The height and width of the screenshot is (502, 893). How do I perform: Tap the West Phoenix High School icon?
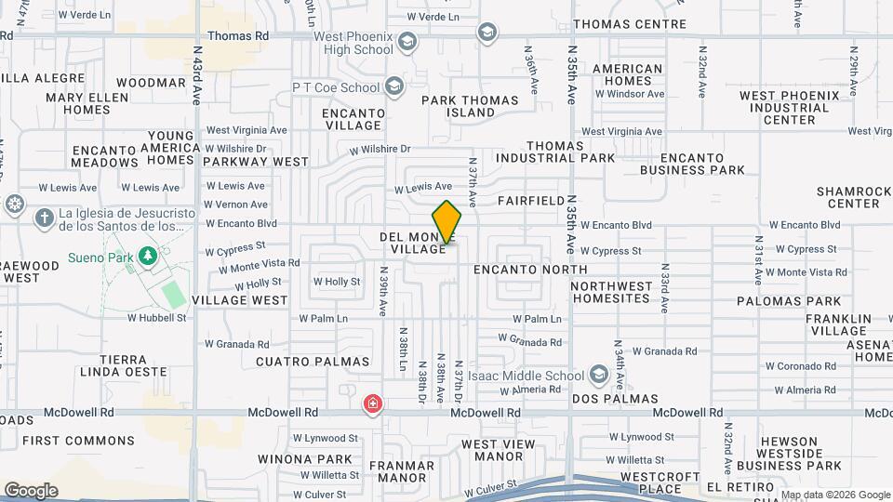click(x=407, y=42)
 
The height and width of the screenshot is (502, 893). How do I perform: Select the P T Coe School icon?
click(x=393, y=87)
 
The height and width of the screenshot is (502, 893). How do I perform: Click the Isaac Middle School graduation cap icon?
click(x=599, y=376)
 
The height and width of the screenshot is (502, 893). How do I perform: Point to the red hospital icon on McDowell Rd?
click(x=373, y=404)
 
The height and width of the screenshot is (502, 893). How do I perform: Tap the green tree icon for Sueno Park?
click(x=146, y=255)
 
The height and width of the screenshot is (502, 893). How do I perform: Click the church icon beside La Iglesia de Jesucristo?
click(x=44, y=218)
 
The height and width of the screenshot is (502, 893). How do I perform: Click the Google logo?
click(x=31, y=490)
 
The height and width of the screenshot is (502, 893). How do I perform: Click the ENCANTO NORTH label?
click(x=517, y=270)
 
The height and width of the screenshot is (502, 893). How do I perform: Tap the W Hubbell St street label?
click(x=156, y=317)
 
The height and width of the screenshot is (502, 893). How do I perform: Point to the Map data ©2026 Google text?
click(x=834, y=495)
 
